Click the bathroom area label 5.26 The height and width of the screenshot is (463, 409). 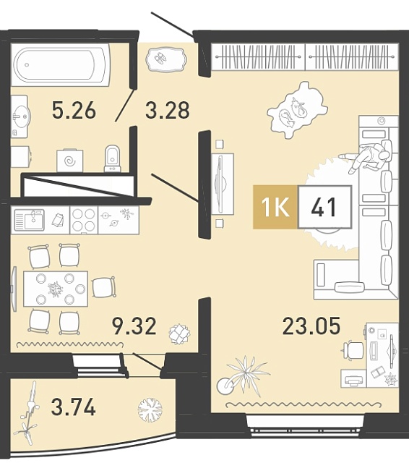[74, 109]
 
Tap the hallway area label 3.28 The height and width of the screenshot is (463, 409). [168, 110]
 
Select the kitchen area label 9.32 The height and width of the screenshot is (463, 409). [134, 326]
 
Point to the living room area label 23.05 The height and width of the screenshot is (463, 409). [311, 326]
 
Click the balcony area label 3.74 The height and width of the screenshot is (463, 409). [74, 407]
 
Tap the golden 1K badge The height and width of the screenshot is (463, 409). [275, 207]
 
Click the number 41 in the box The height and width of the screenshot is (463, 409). [324, 207]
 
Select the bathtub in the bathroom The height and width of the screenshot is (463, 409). [61, 65]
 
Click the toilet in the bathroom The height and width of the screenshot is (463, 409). [113, 158]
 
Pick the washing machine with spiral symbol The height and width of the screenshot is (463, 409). [70, 161]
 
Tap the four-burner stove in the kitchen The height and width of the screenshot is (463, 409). [84, 220]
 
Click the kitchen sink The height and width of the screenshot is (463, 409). [30, 220]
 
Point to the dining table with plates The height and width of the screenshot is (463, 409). [56, 289]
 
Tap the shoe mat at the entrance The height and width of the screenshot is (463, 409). [166, 59]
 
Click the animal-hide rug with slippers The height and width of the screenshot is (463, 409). [296, 111]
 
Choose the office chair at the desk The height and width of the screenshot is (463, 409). [353, 350]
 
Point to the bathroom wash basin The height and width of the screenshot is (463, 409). [20, 116]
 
